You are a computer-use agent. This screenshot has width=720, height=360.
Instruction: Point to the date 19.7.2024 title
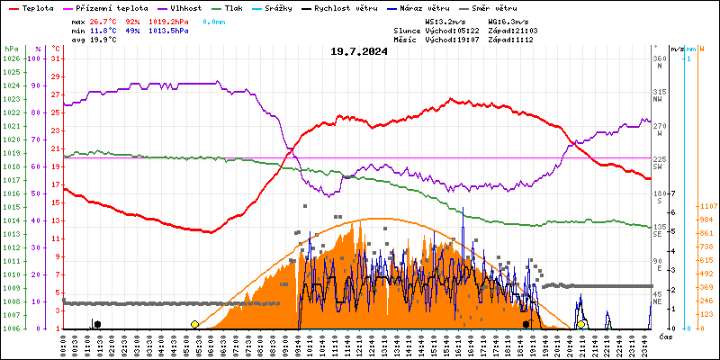359,51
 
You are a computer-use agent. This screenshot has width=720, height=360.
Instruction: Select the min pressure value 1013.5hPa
170,30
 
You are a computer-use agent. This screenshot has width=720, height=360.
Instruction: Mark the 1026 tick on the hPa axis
11,58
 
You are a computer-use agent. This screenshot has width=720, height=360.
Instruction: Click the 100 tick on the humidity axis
36,58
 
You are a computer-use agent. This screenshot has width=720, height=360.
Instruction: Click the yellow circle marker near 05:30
194,324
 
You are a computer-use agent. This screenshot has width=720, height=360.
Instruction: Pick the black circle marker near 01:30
97,324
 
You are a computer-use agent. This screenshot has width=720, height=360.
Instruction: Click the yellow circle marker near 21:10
582,324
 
